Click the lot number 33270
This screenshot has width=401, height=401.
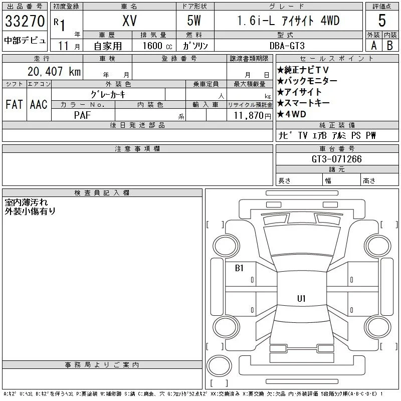tap(25, 21)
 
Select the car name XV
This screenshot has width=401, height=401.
tap(129, 21)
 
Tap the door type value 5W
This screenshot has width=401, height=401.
tap(194, 21)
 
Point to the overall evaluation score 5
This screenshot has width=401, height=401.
tap(382, 21)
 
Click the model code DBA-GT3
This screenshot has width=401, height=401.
tap(287, 46)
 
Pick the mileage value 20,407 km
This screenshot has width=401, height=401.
tap(54, 71)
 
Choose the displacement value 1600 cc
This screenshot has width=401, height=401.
tap(157, 46)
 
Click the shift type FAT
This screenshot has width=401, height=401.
tap(14, 104)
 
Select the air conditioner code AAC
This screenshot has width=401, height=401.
tap(39, 104)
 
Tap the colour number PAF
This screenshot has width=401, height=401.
tap(82, 115)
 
